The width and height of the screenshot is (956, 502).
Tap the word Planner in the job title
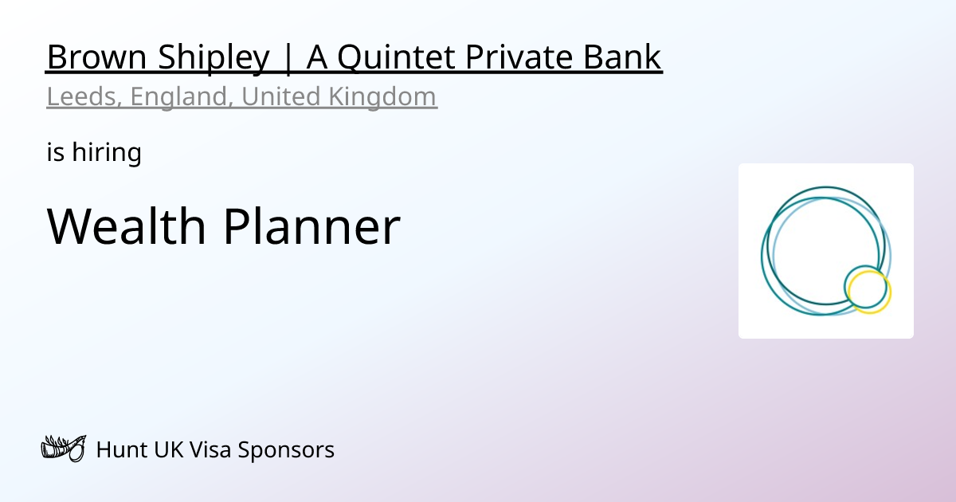(311, 226)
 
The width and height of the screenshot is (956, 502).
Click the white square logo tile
(826, 199)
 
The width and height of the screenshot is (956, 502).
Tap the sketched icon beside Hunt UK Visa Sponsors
(63, 449)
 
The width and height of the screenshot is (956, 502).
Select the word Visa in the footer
(210, 450)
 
